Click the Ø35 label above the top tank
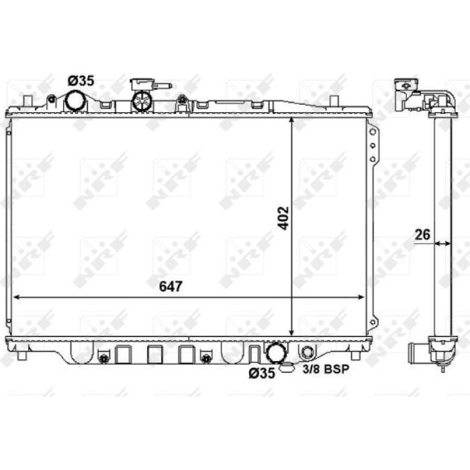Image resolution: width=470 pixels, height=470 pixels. click(81, 81)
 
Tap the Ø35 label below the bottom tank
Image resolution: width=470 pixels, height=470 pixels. click(262, 373)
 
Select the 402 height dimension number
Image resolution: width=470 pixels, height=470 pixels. click(283, 218)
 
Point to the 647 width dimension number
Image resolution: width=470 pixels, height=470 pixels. click(171, 287)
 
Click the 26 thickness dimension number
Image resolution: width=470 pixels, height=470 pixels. click(422, 235)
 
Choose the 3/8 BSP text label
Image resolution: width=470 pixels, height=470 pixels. click(326, 369)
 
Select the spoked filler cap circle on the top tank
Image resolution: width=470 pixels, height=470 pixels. click(142, 101)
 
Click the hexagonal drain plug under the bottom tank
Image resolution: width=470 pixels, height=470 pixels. click(287, 367)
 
